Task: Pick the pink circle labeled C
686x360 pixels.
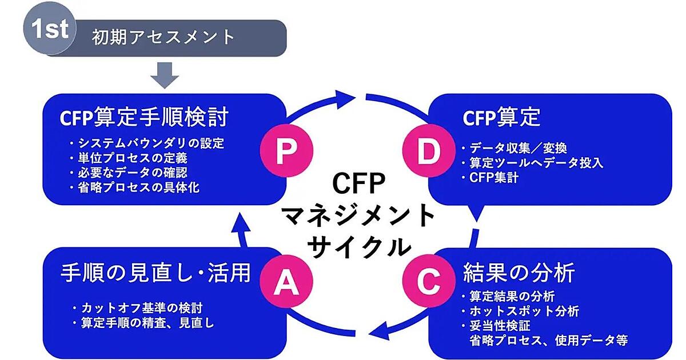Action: click(x=430, y=279)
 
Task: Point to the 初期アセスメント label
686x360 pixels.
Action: click(x=163, y=37)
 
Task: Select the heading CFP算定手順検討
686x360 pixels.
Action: click(x=144, y=118)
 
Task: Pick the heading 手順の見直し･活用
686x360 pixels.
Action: click(x=155, y=273)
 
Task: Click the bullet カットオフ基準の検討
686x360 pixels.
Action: click(x=138, y=309)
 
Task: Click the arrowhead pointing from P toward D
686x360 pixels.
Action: click(x=346, y=98)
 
